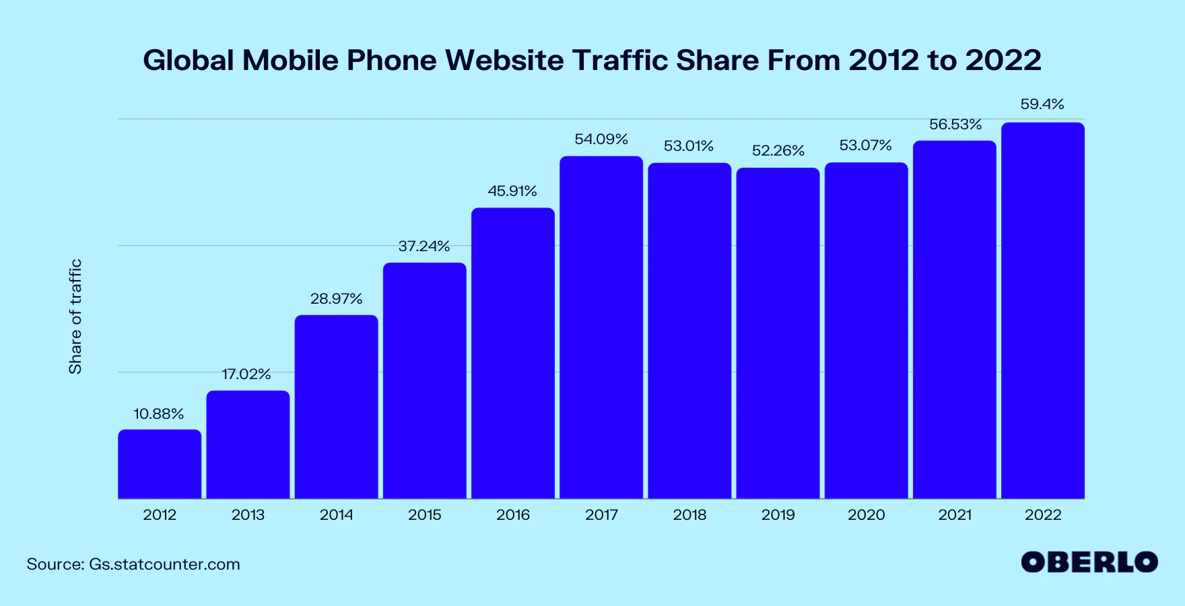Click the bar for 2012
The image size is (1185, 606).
point(160,464)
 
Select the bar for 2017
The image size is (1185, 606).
point(601,327)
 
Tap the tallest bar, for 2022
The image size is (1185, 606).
point(1043,310)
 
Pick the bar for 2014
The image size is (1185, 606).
point(336,407)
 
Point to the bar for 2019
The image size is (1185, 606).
point(778,333)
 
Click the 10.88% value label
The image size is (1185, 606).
point(159,414)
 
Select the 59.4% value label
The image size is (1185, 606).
point(1042,104)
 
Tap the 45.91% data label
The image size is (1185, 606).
point(512,191)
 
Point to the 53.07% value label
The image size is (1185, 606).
point(866,145)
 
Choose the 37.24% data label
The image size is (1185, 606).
point(424,246)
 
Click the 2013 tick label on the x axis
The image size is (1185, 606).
point(248,515)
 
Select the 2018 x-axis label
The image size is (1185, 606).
point(689,515)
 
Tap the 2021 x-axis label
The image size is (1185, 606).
point(955,515)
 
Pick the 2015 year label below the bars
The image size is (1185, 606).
point(425,515)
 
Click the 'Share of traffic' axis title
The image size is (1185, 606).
point(75,316)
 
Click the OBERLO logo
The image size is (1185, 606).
point(1089,562)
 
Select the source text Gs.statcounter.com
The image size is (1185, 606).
point(164,564)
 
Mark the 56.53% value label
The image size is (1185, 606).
point(955,125)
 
